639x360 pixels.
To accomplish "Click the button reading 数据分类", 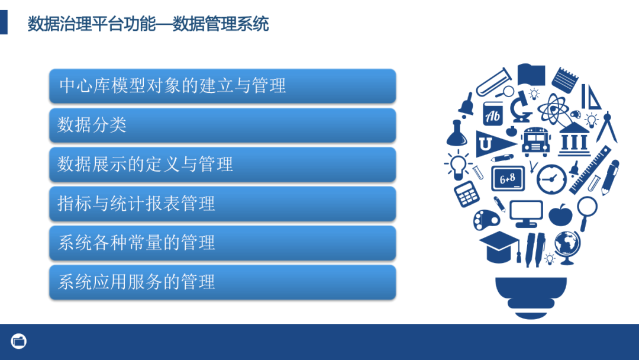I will tap(222, 125).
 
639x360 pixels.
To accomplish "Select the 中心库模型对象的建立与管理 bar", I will tap(222, 85).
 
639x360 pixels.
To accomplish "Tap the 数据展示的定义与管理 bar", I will tap(222, 164).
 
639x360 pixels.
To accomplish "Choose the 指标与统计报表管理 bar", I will tap(222, 204).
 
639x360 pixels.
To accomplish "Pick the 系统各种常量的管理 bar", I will tap(222, 243).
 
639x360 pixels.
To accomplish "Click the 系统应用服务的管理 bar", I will tap(222, 282).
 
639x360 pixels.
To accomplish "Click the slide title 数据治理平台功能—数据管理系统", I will tap(148, 24).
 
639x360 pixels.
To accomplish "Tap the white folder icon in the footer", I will tap(19, 341).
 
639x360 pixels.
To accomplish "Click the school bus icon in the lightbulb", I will tap(536, 141).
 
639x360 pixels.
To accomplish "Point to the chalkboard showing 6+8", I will tap(508, 178).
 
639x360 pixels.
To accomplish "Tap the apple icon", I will tap(560, 214).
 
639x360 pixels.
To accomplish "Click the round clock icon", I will tap(551, 178).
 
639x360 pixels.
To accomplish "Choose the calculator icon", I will tap(467, 193).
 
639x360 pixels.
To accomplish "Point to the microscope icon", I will tap(521, 105).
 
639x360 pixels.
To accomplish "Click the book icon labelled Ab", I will tap(493, 114).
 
